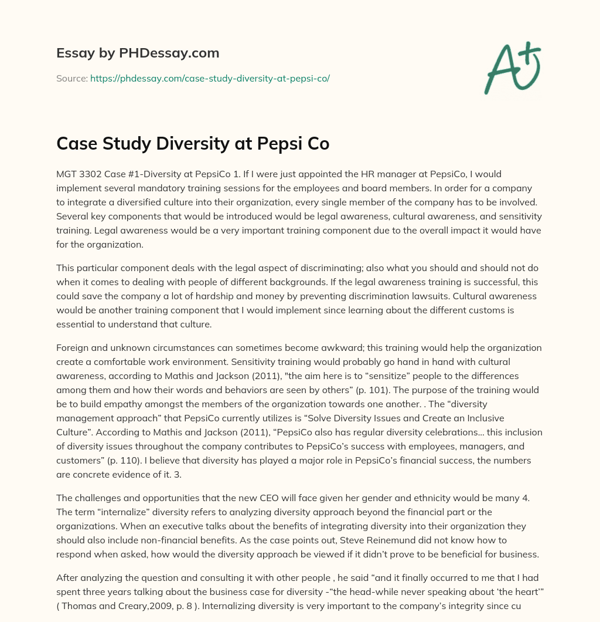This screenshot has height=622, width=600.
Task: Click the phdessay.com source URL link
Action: pyautogui.click(x=210, y=78)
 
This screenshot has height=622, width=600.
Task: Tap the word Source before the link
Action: pyautogui.click(x=71, y=78)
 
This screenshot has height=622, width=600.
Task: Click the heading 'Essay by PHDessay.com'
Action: pyautogui.click(x=138, y=53)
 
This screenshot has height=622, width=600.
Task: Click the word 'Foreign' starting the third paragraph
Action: pyautogui.click(x=72, y=348)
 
